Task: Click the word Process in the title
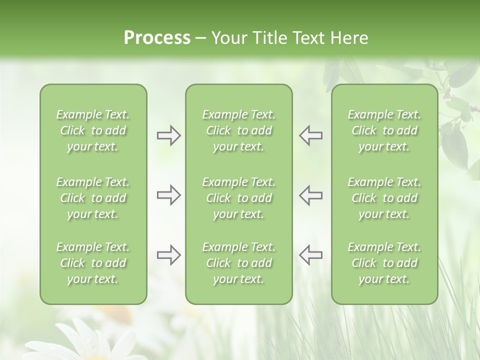(157, 38)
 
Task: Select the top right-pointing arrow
(168, 135)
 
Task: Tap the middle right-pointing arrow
(168, 195)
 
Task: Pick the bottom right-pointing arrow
(168, 255)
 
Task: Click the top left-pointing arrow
(310, 135)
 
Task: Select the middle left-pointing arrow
(310, 195)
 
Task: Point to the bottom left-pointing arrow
(310, 255)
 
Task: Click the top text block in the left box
(93, 130)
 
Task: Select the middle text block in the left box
(93, 198)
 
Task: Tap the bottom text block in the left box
(93, 263)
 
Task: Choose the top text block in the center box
(238, 130)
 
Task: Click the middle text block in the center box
(238, 198)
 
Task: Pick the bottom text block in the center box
(238, 263)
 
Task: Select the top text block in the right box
(384, 130)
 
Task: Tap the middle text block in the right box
(384, 198)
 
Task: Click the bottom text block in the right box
(384, 263)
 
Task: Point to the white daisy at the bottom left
(80, 340)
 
